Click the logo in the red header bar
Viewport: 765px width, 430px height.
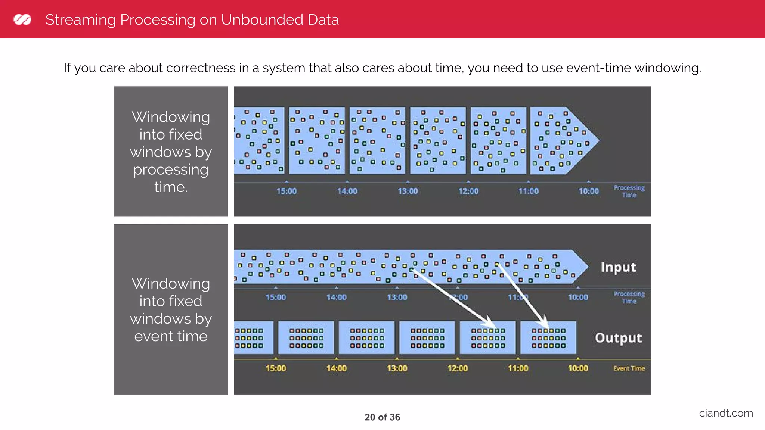click(x=22, y=19)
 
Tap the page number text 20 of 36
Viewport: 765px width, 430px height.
click(x=382, y=417)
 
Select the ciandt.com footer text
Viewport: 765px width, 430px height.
click(x=726, y=413)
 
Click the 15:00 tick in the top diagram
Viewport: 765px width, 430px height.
click(x=287, y=191)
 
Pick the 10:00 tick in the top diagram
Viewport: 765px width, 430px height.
click(x=589, y=191)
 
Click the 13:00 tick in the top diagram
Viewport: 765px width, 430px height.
click(x=408, y=191)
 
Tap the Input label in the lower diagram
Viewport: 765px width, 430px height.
click(x=618, y=267)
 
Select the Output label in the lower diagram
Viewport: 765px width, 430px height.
click(x=618, y=338)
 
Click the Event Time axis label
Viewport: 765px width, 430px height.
click(x=629, y=368)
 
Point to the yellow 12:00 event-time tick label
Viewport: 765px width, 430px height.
click(x=458, y=368)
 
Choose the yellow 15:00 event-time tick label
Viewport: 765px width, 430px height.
click(x=276, y=368)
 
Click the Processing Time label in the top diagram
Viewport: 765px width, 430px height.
click(x=629, y=191)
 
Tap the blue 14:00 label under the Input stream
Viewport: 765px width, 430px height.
click(x=336, y=297)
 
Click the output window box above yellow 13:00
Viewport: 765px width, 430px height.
click(x=366, y=337)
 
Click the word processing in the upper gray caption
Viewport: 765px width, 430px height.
click(x=171, y=170)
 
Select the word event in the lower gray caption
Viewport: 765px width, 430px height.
click(x=154, y=336)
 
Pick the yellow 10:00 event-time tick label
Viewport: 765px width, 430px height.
click(x=578, y=368)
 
